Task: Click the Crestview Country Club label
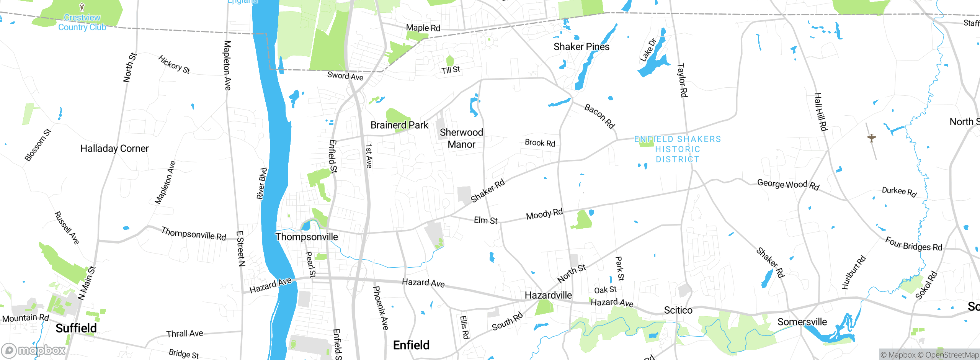click(x=82, y=23)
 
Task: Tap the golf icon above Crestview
click(x=82, y=7)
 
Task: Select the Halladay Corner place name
click(x=114, y=149)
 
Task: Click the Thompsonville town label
click(x=307, y=237)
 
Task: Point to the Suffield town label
click(x=76, y=328)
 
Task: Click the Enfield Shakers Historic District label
click(x=678, y=149)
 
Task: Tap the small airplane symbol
click(x=872, y=138)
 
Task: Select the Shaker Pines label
click(x=581, y=47)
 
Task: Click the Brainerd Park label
click(x=399, y=125)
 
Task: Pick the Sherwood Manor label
click(x=461, y=138)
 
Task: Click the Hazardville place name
click(x=548, y=295)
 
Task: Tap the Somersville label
click(x=802, y=322)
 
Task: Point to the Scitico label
click(x=678, y=310)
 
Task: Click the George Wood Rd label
click(x=788, y=185)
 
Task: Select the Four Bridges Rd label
click(x=913, y=244)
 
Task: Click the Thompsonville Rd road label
click(x=194, y=233)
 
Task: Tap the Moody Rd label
click(x=544, y=214)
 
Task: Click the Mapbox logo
click(x=34, y=350)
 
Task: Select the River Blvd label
click(x=262, y=183)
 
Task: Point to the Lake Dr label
click(x=648, y=50)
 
